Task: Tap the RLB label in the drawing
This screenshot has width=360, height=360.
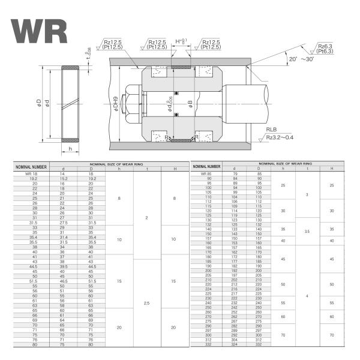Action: click(271, 129)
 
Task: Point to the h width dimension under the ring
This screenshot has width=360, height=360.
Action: click(71, 149)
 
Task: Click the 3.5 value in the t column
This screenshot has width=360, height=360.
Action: click(307, 231)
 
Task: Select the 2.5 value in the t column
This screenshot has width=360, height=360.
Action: click(146, 303)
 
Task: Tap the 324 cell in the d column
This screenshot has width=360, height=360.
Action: click(235, 344)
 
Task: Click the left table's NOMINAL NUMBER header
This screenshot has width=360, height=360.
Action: click(31, 166)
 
